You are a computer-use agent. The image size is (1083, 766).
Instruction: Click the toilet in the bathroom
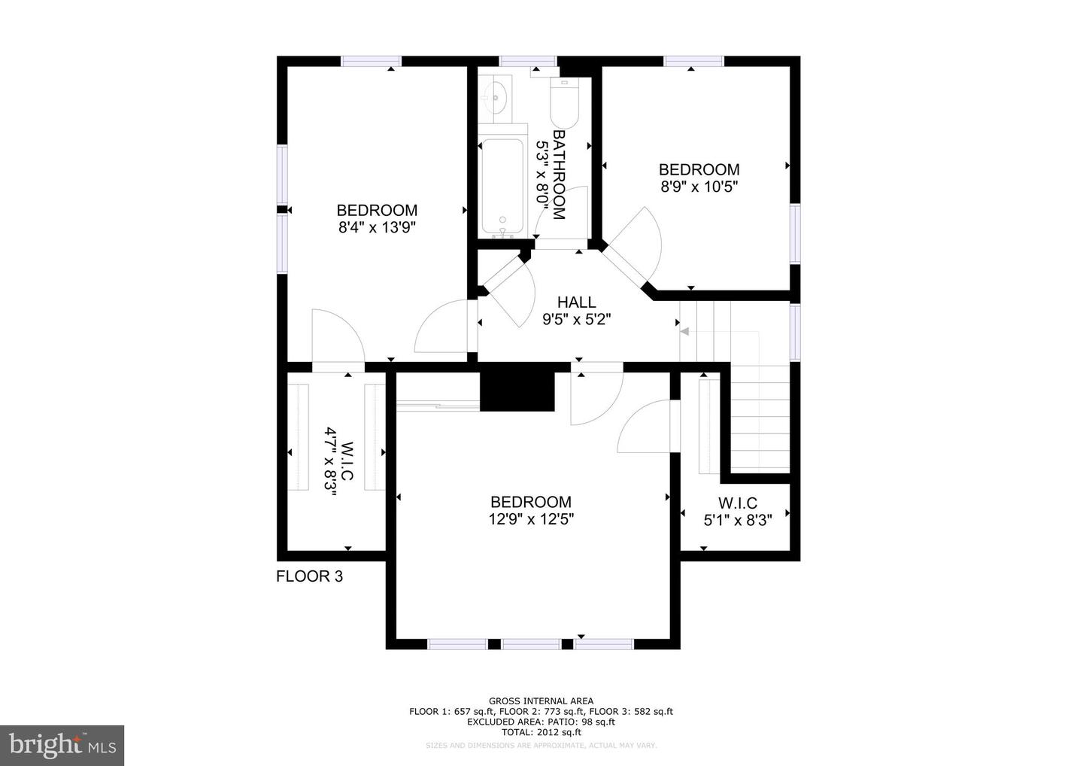tap(564, 103)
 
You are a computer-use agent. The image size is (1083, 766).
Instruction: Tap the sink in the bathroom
tap(495, 98)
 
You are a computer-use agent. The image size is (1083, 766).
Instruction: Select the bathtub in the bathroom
tap(502, 188)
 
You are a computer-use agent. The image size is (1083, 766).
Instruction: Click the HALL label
tap(576, 302)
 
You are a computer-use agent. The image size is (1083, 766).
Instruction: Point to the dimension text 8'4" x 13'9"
tap(377, 227)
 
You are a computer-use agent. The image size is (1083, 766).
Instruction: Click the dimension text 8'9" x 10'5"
tap(699, 187)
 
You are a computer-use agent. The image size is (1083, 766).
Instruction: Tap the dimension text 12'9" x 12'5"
tap(531, 519)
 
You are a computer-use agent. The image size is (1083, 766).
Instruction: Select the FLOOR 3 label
tap(309, 576)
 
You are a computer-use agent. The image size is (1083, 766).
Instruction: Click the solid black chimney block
tap(517, 392)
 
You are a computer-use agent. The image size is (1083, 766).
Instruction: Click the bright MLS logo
tap(62, 745)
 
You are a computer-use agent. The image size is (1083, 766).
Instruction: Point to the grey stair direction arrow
tap(684, 332)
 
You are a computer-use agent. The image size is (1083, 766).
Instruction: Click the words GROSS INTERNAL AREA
tap(541, 701)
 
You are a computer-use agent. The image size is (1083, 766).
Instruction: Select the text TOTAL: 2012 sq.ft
tap(541, 732)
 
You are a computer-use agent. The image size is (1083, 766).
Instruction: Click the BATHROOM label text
tap(558, 175)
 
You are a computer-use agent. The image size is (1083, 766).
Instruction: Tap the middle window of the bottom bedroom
tap(531, 644)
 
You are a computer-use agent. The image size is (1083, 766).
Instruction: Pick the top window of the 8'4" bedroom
tap(372, 61)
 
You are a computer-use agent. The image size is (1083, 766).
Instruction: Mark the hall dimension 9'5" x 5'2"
tap(576, 320)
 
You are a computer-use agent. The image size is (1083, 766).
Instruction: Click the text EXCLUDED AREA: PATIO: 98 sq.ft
tap(541, 722)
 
